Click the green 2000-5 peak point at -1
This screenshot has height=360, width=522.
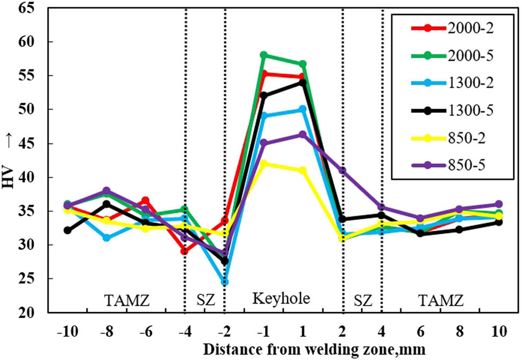pyautogui.click(x=263, y=55)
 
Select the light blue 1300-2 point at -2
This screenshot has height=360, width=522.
pyautogui.click(x=224, y=282)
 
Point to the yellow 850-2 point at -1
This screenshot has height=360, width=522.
pyautogui.click(x=263, y=163)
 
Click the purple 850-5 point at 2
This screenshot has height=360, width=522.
pyautogui.click(x=342, y=170)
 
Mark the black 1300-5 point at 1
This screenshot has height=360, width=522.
pyautogui.click(x=303, y=82)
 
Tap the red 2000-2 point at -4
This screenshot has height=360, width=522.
pyautogui.click(x=185, y=251)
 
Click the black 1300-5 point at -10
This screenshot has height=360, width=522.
pyautogui.click(x=67, y=230)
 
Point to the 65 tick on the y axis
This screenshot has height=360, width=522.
pyautogui.click(x=36, y=8)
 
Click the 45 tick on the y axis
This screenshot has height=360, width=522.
pyautogui.click(x=36, y=143)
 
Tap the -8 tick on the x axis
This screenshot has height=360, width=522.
pyautogui.click(x=106, y=331)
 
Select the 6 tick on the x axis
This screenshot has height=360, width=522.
pyautogui.click(x=421, y=331)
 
